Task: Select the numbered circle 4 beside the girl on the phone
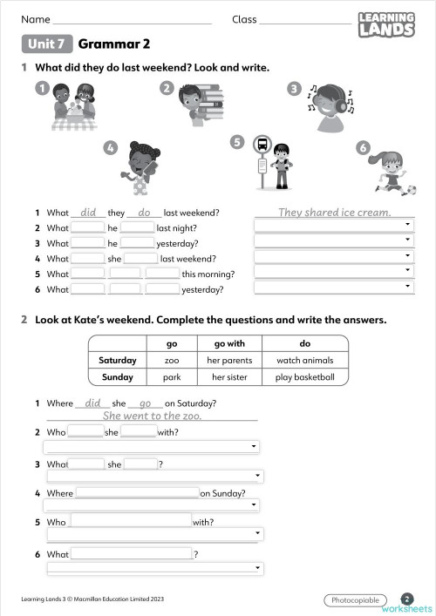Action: [x=110, y=148]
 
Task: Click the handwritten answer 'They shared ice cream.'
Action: [x=334, y=212]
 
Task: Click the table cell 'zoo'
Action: [x=171, y=360]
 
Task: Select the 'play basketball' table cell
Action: [x=305, y=377]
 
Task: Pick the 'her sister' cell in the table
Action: [x=230, y=377]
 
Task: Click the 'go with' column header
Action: [x=230, y=343]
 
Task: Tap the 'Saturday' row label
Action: [x=117, y=360]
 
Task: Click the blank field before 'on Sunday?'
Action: [x=137, y=493]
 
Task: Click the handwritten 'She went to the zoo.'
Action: [x=152, y=416]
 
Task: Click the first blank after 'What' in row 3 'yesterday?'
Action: [x=87, y=243]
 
